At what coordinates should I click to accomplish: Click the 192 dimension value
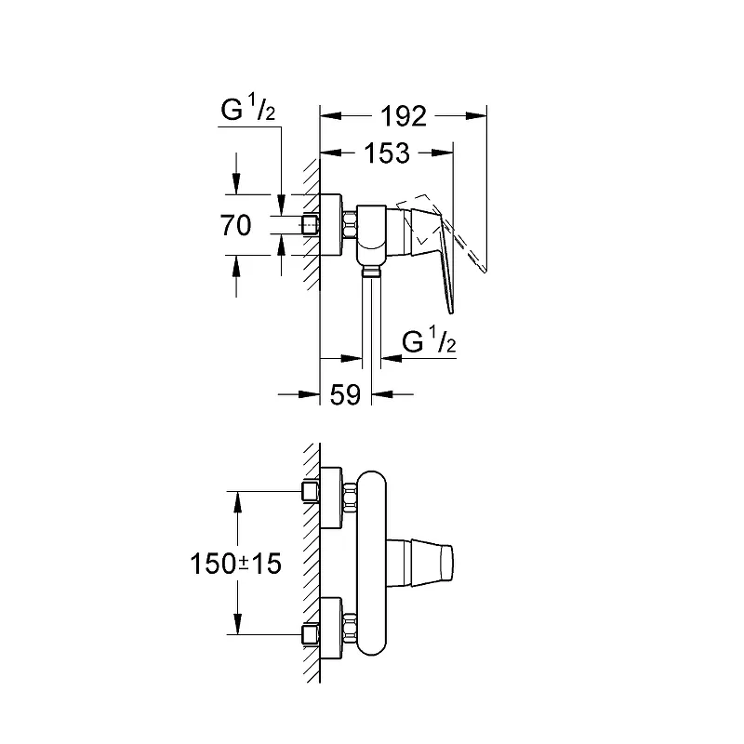click(x=404, y=116)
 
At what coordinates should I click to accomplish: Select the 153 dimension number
click(x=387, y=153)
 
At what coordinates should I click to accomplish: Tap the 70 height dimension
click(x=235, y=225)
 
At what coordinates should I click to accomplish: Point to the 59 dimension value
click(x=345, y=394)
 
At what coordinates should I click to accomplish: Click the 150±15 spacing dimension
click(x=236, y=564)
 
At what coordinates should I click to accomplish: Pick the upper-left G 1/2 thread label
click(x=247, y=108)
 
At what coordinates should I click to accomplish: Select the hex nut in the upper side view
click(x=350, y=224)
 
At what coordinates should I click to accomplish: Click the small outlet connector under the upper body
click(x=371, y=271)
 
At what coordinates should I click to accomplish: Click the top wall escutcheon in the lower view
click(x=331, y=498)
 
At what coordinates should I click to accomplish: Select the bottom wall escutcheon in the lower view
click(x=331, y=629)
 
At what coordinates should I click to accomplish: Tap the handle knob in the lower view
click(x=420, y=563)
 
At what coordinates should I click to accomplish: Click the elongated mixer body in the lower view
click(x=371, y=564)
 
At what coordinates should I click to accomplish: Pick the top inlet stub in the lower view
click(x=310, y=491)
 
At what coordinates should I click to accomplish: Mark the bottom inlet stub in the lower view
click(x=310, y=634)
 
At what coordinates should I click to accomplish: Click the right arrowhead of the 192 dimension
click(x=476, y=115)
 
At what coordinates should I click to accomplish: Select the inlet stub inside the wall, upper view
click(x=311, y=224)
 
